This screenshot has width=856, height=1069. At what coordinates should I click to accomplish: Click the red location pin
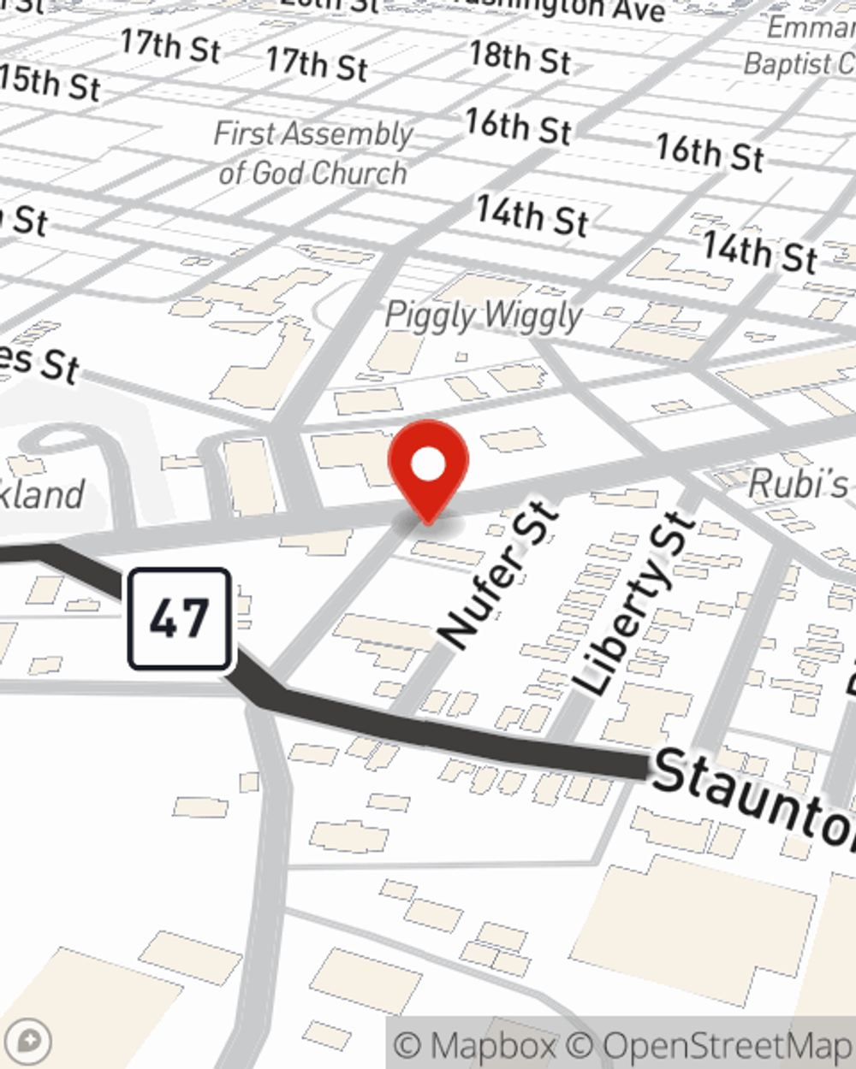click(x=428, y=466)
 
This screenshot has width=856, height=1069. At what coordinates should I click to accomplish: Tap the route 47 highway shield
click(x=180, y=618)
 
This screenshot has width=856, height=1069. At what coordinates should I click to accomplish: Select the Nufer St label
click(x=499, y=575)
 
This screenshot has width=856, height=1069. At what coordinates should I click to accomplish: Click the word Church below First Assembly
click(x=359, y=174)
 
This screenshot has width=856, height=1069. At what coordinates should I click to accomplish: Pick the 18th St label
click(x=520, y=57)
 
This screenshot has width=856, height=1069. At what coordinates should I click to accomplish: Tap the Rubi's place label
click(x=798, y=484)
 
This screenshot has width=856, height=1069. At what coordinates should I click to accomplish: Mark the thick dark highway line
click(x=462, y=735)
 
